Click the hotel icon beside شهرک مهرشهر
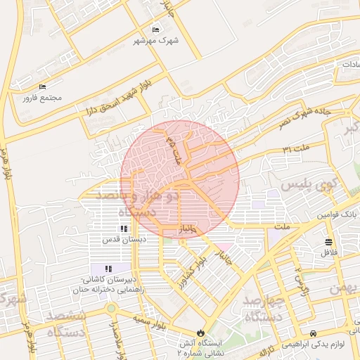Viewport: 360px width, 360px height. coord(156,30)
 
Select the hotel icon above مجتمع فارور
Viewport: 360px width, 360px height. coord(42,86)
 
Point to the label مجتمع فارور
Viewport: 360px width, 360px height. coord(42,97)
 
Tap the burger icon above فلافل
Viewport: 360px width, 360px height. coord(329,242)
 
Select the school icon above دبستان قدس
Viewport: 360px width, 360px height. coord(124,229)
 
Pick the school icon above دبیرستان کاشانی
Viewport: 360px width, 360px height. coord(108,269)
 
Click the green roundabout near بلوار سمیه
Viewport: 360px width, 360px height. coord(110,307)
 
